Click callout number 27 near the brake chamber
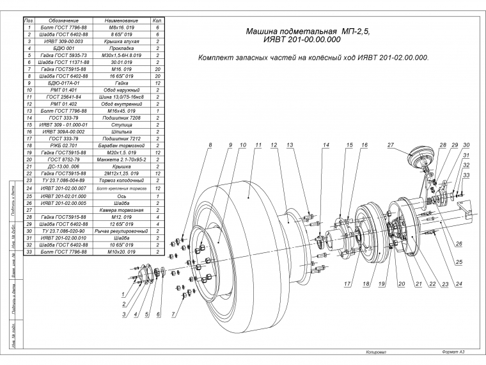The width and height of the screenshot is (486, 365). pyautogui.click(x=390, y=145)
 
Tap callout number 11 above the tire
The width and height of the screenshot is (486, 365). pyautogui.click(x=258, y=145)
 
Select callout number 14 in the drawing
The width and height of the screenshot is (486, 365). pyautogui.click(x=325, y=145)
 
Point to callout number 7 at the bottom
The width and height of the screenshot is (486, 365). pyautogui.click(x=172, y=314)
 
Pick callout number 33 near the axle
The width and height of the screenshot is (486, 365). pyautogui.click(x=467, y=175)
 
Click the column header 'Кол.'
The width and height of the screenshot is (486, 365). pyautogui.click(x=157, y=21)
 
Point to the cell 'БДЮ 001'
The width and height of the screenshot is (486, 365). pyautogui.click(x=61, y=48)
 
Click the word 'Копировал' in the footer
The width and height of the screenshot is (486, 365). pyautogui.click(x=377, y=352)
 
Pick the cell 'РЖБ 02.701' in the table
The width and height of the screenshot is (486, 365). pyautogui.click(x=61, y=145)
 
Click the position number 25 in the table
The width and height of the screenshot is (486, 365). pyautogui.click(x=29, y=195)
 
